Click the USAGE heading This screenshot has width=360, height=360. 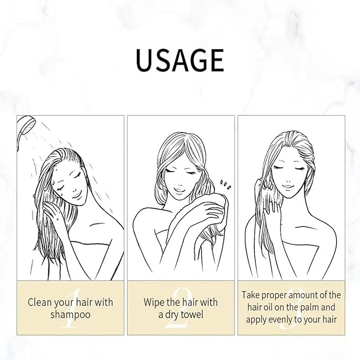coord(180,60)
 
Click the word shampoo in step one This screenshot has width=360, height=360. coord(71,314)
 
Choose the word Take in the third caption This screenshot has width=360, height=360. coord(252,295)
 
